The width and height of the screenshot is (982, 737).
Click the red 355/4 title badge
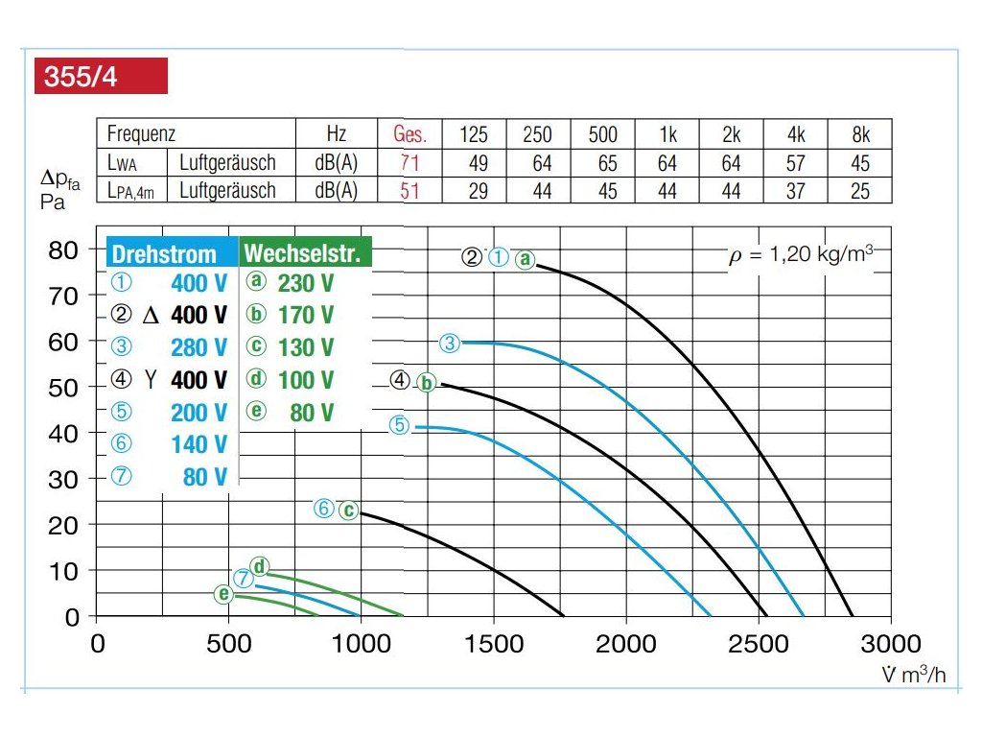coord(101,77)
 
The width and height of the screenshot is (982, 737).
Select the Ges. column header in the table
coord(410,134)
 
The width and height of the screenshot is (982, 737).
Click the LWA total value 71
coord(410,163)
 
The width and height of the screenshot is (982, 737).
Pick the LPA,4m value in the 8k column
coord(859,191)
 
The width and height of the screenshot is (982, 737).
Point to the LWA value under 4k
coord(795,163)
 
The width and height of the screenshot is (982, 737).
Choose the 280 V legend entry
coord(199,347)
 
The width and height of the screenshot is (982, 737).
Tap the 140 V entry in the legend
coord(199,444)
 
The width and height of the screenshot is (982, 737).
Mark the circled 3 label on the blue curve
coord(451,343)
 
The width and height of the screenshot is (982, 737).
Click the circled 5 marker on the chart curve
coord(400,425)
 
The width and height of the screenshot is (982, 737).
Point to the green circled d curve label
coord(259,565)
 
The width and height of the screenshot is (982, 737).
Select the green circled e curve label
coord(224,595)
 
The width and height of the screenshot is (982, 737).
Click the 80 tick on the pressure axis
coord(63,251)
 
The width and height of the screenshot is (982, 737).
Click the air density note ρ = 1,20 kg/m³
coord(800,256)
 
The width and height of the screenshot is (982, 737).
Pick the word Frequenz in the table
coord(141,134)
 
